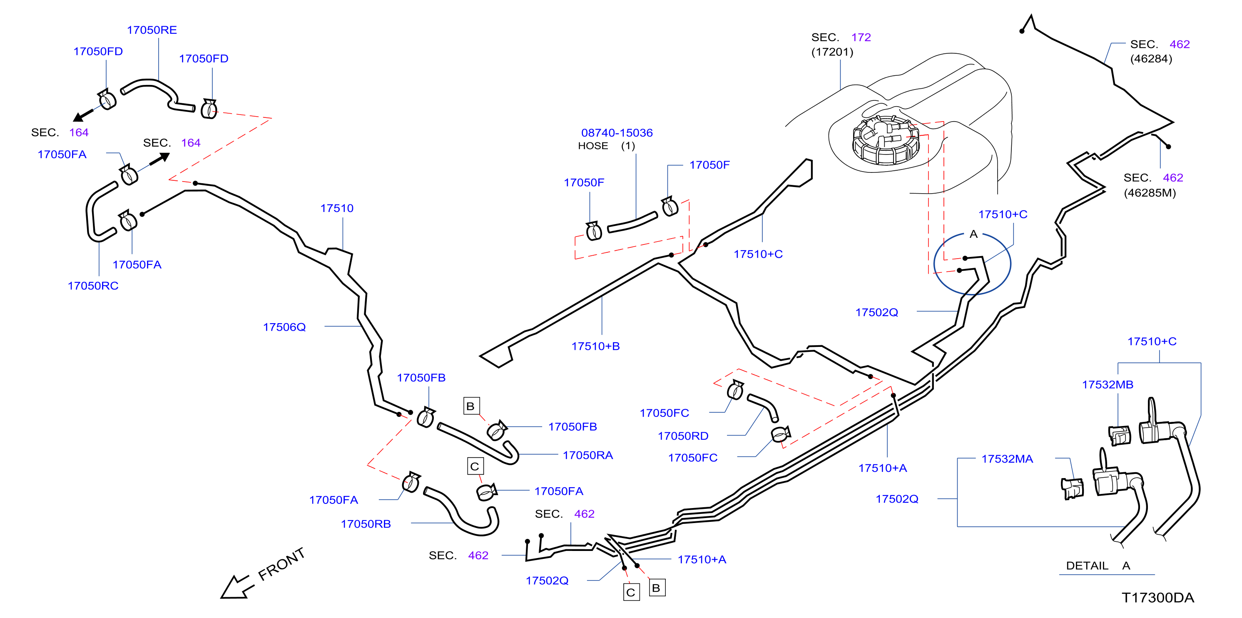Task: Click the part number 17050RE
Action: (152, 30)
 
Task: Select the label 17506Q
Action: (284, 327)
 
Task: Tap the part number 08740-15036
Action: (617, 132)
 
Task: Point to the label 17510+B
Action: (595, 346)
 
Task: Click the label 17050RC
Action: (93, 286)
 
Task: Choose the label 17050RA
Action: (588, 455)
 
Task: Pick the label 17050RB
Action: (366, 524)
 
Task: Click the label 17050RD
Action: (683, 436)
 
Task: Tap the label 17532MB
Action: (1108, 385)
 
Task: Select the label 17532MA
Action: (1007, 459)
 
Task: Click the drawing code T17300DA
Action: (1157, 598)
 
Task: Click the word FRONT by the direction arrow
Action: (281, 564)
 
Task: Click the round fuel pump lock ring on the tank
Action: (885, 140)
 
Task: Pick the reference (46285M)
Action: (1150, 193)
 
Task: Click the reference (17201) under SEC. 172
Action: (832, 52)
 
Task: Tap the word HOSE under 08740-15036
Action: (593, 146)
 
